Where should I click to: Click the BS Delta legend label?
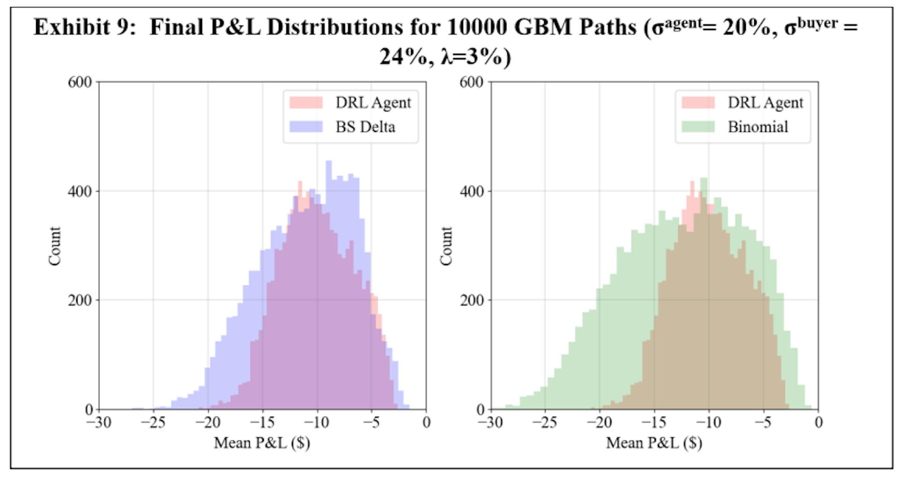click(x=365, y=127)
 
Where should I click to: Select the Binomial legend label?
click(x=757, y=127)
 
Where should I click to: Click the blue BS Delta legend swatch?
click(x=306, y=127)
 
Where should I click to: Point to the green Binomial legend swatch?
click(x=698, y=127)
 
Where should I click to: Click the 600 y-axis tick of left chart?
click(x=80, y=82)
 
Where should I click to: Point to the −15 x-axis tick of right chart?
click(x=654, y=423)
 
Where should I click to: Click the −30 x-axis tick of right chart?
click(x=490, y=423)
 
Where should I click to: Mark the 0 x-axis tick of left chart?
click(x=426, y=423)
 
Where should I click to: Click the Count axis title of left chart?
click(x=55, y=246)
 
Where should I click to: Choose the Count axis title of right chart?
click(x=447, y=246)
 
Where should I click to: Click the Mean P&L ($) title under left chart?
click(x=262, y=443)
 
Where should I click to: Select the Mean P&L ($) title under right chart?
click(x=654, y=443)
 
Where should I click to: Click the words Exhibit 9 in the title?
click(x=84, y=28)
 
